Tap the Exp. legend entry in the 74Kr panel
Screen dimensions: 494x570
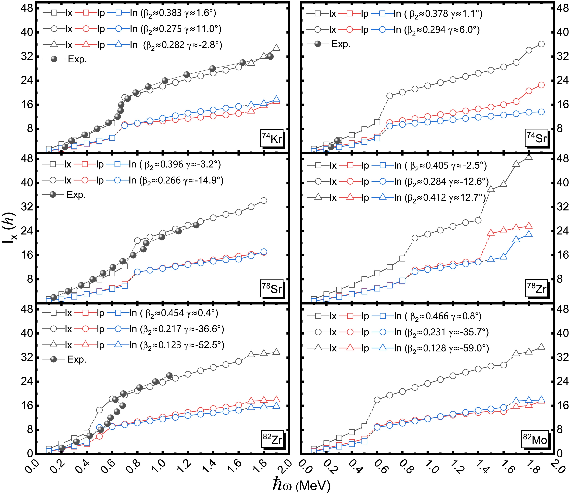77,60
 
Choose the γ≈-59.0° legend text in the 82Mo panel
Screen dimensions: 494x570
469,348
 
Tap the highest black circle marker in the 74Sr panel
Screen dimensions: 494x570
541,44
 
